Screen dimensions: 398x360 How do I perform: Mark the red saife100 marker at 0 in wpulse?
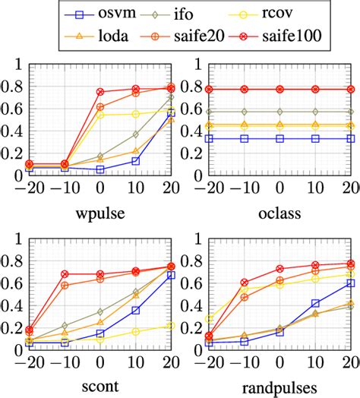100,92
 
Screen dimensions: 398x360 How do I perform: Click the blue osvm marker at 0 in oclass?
279,139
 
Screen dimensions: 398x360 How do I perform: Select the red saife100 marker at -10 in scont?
65,273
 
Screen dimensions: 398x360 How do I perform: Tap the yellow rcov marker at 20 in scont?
171,326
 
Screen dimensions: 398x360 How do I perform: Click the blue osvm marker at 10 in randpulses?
315,304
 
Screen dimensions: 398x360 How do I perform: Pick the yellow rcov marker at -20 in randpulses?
209,320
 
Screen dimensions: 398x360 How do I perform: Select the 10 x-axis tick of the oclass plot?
315,185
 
